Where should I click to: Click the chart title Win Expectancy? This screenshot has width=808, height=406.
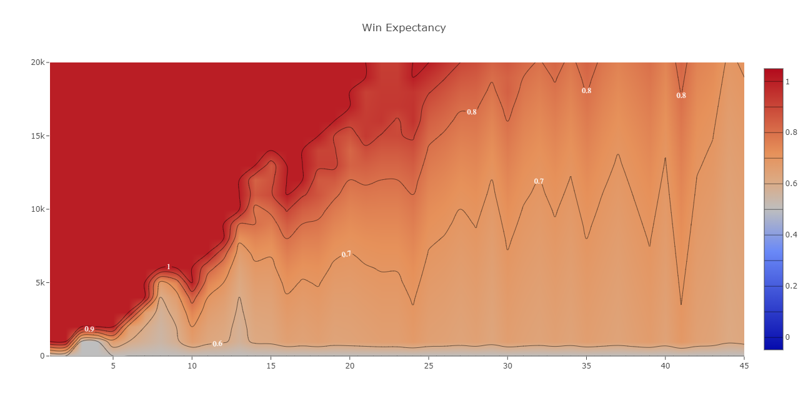404,27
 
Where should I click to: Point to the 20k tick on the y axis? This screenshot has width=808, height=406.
37,62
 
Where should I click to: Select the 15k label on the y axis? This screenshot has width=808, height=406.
37,136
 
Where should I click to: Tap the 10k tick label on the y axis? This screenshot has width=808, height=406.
37,209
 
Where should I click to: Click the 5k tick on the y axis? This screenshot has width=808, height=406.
40,282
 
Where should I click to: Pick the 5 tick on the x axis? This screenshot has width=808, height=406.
113,365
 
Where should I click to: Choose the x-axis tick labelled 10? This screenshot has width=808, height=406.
192,365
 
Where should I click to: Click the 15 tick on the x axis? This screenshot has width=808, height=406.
271,365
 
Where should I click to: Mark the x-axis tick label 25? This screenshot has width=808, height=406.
429,365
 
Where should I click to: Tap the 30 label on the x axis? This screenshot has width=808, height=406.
507,365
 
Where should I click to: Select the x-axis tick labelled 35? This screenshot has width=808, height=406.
586,365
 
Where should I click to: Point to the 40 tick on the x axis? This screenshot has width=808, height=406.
665,365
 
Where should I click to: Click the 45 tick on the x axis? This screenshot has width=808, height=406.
744,365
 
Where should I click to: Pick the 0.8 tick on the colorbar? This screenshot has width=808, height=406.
791,132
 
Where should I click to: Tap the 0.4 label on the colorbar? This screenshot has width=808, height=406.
791,235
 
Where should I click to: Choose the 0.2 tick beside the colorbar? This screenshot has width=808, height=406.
791,286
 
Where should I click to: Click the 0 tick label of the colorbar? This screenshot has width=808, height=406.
787,337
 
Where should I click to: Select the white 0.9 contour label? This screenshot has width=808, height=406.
89,329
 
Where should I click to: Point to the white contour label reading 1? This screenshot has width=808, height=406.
168,267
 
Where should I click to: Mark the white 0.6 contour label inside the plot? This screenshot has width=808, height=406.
217,344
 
